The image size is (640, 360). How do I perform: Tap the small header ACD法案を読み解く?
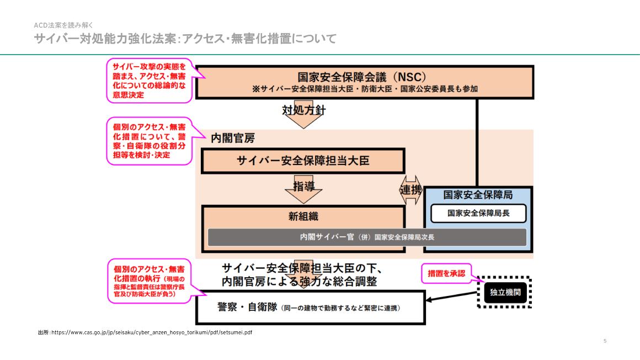click(x=63, y=25)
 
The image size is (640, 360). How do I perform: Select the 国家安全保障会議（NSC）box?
click(x=364, y=82)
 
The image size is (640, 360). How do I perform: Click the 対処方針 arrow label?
click(x=303, y=110)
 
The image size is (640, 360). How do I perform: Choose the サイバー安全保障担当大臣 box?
click(x=303, y=161)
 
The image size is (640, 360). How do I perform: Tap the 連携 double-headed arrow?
click(x=410, y=190)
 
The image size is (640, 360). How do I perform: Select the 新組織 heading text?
click(x=303, y=216)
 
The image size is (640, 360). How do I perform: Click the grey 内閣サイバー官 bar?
click(x=367, y=237)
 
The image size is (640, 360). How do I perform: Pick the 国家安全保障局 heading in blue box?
click(x=478, y=195)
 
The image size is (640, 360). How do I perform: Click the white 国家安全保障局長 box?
click(x=478, y=213)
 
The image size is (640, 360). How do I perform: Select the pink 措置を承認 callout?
click(x=446, y=273)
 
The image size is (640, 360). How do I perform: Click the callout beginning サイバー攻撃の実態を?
click(x=149, y=81)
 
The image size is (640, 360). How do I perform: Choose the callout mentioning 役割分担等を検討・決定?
click(x=149, y=141)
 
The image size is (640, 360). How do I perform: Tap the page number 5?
click(x=605, y=341)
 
